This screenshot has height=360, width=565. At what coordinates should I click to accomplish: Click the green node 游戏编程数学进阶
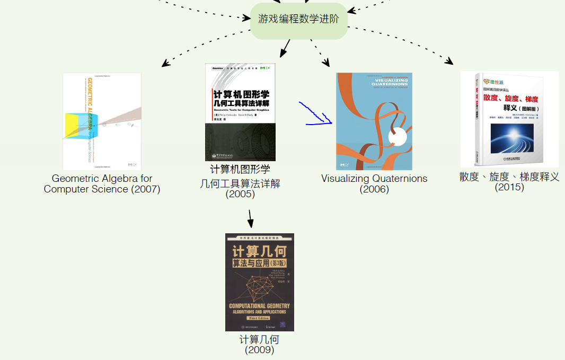[x=299, y=20]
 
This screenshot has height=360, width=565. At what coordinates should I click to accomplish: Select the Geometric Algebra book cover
[x=102, y=121]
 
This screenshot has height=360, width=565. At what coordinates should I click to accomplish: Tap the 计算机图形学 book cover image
[x=240, y=112]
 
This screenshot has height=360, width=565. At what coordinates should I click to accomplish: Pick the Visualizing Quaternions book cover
[x=374, y=121]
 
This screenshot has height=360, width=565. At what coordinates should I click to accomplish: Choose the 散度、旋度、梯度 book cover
[x=509, y=119]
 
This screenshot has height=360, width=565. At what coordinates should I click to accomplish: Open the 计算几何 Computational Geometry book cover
[x=259, y=282]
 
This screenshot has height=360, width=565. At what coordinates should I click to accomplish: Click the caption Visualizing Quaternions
[x=374, y=179]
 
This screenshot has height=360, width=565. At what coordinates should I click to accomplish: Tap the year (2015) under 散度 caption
[x=509, y=187]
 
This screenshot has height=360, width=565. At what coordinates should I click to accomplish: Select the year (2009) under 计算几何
[x=259, y=350]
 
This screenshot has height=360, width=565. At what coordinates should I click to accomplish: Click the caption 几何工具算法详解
[x=240, y=184]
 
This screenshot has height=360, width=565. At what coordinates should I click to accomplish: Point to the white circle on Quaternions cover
[x=398, y=138]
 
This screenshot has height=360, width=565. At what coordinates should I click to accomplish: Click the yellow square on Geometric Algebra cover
[x=71, y=127]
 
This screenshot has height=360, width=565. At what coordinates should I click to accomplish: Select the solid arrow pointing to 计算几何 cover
[x=250, y=218]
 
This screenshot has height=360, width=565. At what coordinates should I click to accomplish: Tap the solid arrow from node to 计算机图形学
[x=285, y=49]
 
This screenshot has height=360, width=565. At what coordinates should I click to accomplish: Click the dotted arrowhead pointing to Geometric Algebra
[x=165, y=64]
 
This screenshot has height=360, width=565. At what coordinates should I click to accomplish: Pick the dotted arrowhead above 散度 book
[x=449, y=62]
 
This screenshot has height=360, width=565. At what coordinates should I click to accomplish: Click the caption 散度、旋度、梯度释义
[x=509, y=177]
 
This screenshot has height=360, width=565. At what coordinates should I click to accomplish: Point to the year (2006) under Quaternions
[x=374, y=189]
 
